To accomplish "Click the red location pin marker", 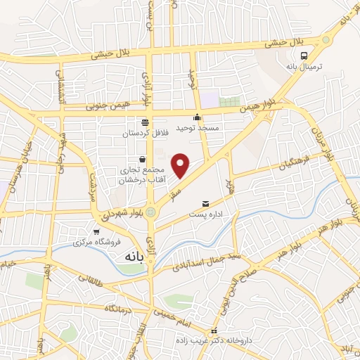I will [181, 165].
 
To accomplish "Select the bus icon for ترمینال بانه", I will [304, 56].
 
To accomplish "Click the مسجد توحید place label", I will [198, 128].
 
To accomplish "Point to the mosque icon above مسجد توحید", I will [198, 117].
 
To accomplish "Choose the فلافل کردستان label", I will [146, 133].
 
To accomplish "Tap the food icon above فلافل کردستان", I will [146, 122].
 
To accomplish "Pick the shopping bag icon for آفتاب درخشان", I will [143, 158].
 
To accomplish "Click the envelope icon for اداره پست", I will [205, 202].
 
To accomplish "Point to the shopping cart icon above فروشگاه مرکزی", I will [96, 231].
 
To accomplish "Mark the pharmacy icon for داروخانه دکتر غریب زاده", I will [214, 330].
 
